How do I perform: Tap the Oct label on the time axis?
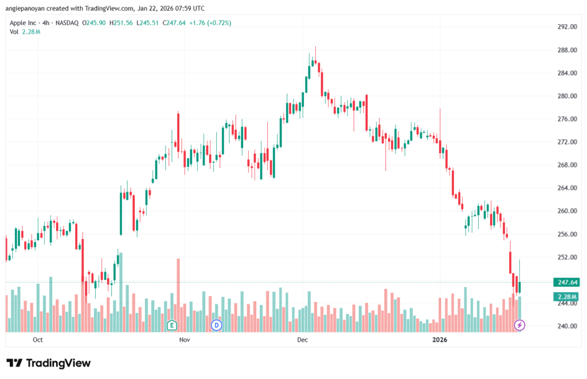(38, 340)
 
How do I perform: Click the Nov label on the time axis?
(184, 340)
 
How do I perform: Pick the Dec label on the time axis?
(302, 340)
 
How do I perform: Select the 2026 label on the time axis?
(439, 340)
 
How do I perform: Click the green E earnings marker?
(171, 325)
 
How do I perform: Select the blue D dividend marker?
(216, 325)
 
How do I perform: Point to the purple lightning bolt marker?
(519, 325)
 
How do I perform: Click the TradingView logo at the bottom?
(49, 363)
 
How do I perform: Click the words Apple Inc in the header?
(23, 23)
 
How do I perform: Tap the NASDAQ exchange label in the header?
(67, 23)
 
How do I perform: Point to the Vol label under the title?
(14, 32)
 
